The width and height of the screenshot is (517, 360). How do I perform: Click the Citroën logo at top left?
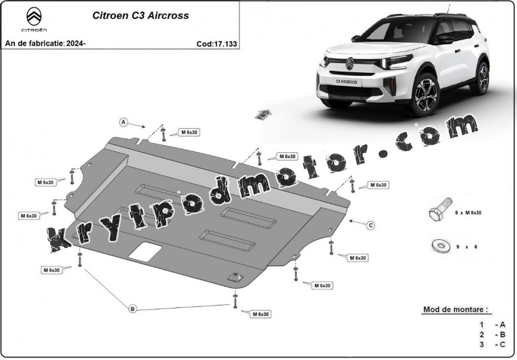point(34,20)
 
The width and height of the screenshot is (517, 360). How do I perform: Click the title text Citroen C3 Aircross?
point(141,16)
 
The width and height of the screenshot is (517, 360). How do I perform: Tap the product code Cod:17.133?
point(217,44)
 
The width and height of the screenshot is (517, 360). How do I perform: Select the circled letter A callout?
point(123,122)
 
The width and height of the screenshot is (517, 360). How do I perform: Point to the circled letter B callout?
point(133,309)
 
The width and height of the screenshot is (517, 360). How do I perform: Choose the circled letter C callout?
point(371,225)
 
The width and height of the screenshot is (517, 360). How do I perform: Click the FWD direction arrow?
point(264,115)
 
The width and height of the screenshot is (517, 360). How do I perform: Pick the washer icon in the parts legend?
point(440,247)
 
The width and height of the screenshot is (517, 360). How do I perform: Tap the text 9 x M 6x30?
point(468,213)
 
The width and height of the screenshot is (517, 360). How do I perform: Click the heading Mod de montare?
point(456,309)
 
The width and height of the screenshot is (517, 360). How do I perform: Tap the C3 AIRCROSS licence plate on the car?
point(346,82)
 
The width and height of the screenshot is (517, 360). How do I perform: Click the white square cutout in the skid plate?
point(145,252)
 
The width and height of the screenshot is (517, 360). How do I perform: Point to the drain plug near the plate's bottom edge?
point(235,277)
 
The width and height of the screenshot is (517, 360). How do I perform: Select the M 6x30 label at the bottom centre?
point(260,314)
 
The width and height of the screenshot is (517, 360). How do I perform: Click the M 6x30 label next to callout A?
point(189,133)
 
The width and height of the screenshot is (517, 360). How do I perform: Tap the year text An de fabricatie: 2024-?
point(46,43)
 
